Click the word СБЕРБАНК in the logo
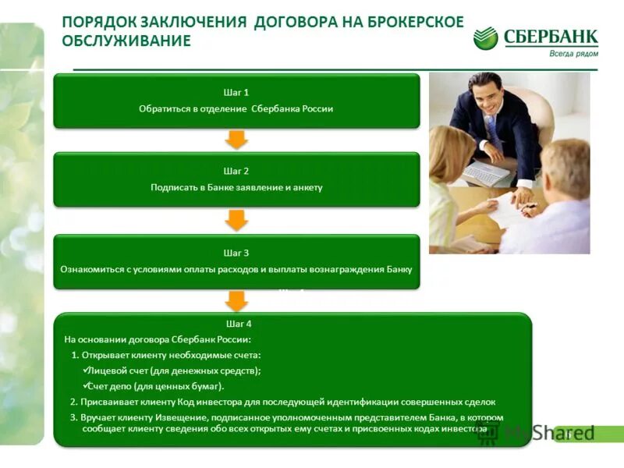551,37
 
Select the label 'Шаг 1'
236,92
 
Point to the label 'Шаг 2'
236,171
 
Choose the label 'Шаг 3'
236,253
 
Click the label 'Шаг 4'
239,323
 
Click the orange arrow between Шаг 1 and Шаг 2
236,140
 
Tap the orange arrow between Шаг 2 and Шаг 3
236,220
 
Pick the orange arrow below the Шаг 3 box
236,300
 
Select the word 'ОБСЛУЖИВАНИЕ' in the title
126,41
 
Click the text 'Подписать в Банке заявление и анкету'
236,187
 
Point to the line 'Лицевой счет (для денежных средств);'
175,370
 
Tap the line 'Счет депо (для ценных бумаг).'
156,386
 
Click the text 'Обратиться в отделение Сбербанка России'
236,108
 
